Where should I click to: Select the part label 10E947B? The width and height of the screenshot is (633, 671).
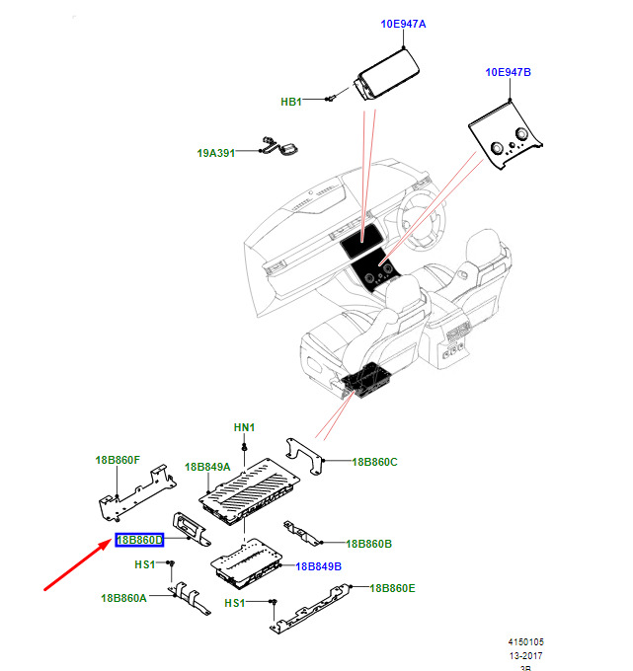pos(508,72)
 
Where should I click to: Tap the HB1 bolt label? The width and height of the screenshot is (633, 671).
pos(291,101)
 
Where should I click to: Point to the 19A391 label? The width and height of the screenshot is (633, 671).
pos(216,153)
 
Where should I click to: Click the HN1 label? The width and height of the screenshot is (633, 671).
pos(244,427)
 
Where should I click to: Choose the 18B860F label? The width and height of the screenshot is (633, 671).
pos(118,460)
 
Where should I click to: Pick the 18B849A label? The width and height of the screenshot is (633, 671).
pos(207,467)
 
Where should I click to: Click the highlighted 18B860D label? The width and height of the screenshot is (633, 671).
pos(140,540)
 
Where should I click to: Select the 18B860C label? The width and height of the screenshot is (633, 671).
pos(374,461)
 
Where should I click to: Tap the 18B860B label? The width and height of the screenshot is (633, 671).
pos(369,544)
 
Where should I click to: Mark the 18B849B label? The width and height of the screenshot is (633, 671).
pos(318,566)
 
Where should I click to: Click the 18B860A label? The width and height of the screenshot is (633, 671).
pos(123,598)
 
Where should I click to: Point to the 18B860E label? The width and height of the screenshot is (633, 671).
pos(392,588)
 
